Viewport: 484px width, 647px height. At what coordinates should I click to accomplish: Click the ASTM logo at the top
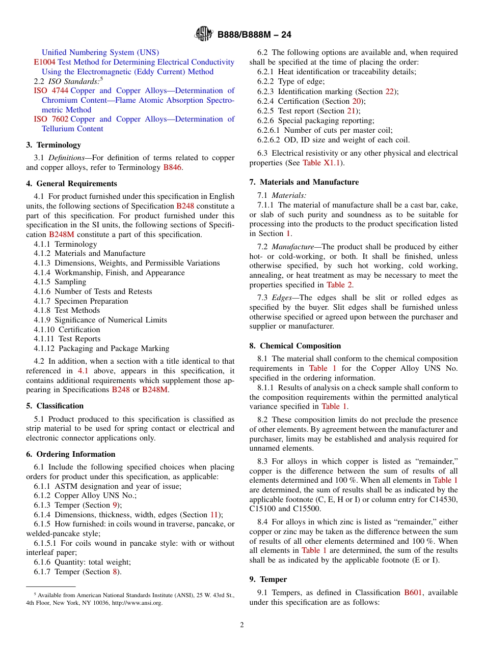[x=204, y=34]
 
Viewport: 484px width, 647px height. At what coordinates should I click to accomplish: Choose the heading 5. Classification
[x=55, y=406]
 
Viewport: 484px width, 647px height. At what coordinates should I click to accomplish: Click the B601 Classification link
[x=413, y=593]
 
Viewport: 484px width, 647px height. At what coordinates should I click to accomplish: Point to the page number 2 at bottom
[x=242, y=625]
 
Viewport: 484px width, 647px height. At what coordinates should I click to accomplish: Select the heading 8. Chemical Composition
[x=295, y=346]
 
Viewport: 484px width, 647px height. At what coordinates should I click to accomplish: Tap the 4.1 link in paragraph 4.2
[x=83, y=371]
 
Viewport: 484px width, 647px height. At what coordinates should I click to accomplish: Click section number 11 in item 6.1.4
[x=214, y=515]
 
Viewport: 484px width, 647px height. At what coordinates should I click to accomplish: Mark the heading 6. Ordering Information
[x=71, y=454]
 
